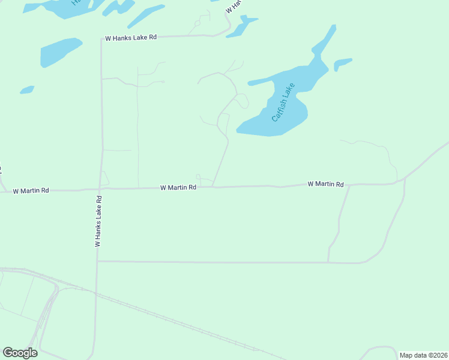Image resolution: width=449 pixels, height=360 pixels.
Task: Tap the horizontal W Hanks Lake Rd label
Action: pos(131,37)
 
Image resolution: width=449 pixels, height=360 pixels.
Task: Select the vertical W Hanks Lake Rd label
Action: pos(98,220)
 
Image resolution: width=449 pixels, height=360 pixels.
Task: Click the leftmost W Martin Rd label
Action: pos(31,190)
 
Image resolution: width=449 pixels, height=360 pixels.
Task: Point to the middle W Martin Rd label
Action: pos(178,187)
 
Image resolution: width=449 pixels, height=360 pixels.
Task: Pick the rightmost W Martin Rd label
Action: pos(326,184)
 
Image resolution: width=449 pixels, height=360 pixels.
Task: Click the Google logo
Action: pos(20,353)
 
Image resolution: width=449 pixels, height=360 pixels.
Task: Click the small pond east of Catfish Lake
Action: pos(342,63)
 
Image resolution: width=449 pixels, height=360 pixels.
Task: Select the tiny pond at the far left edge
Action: pos(26,90)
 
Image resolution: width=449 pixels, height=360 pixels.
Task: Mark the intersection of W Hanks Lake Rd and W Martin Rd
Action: pos(100,189)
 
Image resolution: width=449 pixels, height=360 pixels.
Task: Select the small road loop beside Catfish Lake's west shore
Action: pos(242,101)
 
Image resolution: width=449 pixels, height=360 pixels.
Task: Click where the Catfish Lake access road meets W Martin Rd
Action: pos(213,187)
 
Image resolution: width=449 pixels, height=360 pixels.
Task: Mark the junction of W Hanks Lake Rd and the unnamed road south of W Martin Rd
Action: pos(97,261)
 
